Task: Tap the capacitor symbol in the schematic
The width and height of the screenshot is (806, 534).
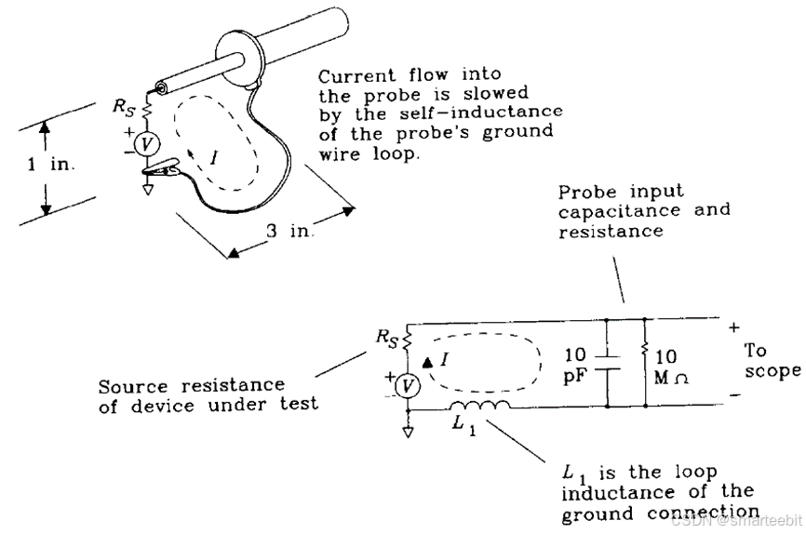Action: click(606, 363)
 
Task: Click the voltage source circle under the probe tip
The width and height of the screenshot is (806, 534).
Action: click(144, 143)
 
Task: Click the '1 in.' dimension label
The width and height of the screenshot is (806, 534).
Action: click(48, 164)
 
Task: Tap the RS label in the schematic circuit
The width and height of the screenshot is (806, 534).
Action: click(386, 338)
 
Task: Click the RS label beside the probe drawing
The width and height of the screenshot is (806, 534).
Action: click(125, 106)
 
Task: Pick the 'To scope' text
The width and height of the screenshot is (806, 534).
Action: click(772, 361)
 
